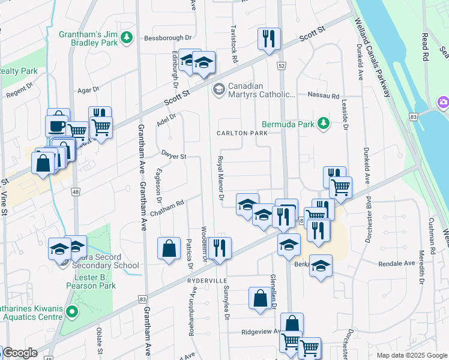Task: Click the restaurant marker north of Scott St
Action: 268,39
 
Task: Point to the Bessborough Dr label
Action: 163,38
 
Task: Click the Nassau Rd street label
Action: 323,95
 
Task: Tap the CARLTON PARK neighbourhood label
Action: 242,133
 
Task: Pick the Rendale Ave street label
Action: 397,263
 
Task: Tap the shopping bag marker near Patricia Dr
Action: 169,248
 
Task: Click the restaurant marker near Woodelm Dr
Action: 220,247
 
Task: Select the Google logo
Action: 20,353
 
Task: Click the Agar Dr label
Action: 88,90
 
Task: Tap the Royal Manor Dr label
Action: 220,178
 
